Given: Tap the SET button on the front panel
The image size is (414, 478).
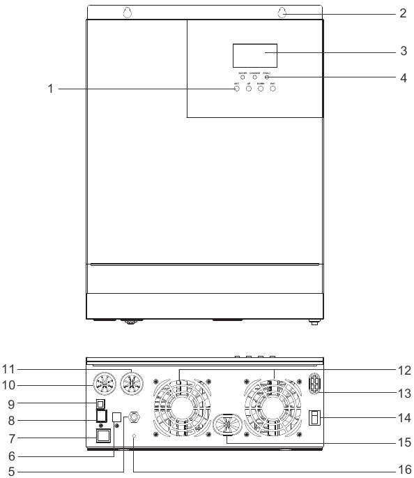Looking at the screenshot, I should click(x=236, y=89).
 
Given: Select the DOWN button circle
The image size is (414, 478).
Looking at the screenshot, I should click(x=261, y=89).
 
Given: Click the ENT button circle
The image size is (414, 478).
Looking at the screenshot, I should click(x=273, y=89).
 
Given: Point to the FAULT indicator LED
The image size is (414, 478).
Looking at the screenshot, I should click(x=267, y=77).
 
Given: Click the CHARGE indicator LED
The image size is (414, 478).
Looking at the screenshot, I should click(x=254, y=77).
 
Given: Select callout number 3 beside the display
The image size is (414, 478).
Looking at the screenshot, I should click(x=404, y=52).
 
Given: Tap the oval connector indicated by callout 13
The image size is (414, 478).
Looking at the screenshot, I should click(x=314, y=387).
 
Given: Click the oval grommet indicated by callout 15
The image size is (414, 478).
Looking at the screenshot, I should click(x=227, y=444).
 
